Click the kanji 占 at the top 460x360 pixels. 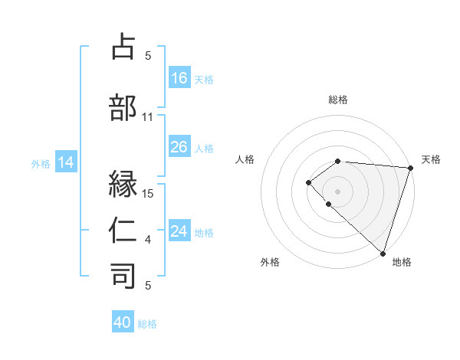pos(123,47)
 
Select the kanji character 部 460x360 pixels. pos(123,108)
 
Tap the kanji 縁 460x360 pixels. pos(123,185)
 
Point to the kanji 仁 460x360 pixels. pos(123,231)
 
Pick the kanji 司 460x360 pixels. pos(123,277)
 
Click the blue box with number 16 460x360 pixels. pos(179,77)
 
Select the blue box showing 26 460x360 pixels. pos(179,147)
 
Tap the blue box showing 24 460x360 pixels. pos(179,231)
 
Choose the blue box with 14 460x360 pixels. pos(66,162)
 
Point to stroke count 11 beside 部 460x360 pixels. pos(148,117)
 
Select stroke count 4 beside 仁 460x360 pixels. pos(148,241)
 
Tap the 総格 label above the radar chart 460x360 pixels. pos(338,100)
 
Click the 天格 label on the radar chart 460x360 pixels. pos(431,159)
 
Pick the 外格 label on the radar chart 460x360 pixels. pos(270,262)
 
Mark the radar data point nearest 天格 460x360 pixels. pos(411,168)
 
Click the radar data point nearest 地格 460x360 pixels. pos(383,253)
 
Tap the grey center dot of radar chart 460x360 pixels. pos(338,191)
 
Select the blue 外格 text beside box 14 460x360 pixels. pos(40,163)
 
